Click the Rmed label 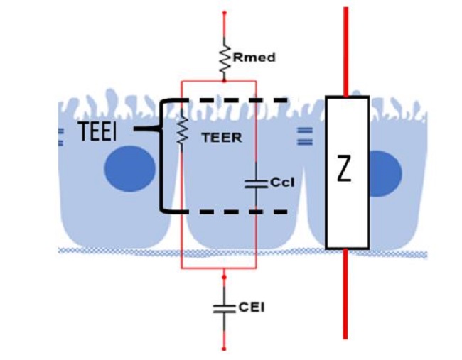pyautogui.click(x=254, y=57)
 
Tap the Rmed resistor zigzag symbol pyautogui.click(x=225, y=61)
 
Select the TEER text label pyautogui.click(x=222, y=138)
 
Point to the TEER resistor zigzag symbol pyautogui.click(x=183, y=130)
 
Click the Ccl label pyautogui.click(x=282, y=182)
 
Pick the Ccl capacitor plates pyautogui.click(x=256, y=185)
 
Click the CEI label pyautogui.click(x=252, y=307)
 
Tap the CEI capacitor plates pyautogui.click(x=224, y=309)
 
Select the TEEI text pyautogui.click(x=97, y=131)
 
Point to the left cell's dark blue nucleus pyautogui.click(x=129, y=169)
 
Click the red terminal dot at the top pyautogui.click(x=224, y=13)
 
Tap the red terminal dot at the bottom pyautogui.click(x=224, y=349)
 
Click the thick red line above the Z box pyautogui.click(x=346, y=52)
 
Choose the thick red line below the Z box pyautogui.click(x=345, y=294)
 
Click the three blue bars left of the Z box pyautogui.click(x=304, y=136)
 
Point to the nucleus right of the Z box pyautogui.click(x=385, y=174)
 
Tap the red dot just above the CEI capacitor pyautogui.click(x=224, y=278)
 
